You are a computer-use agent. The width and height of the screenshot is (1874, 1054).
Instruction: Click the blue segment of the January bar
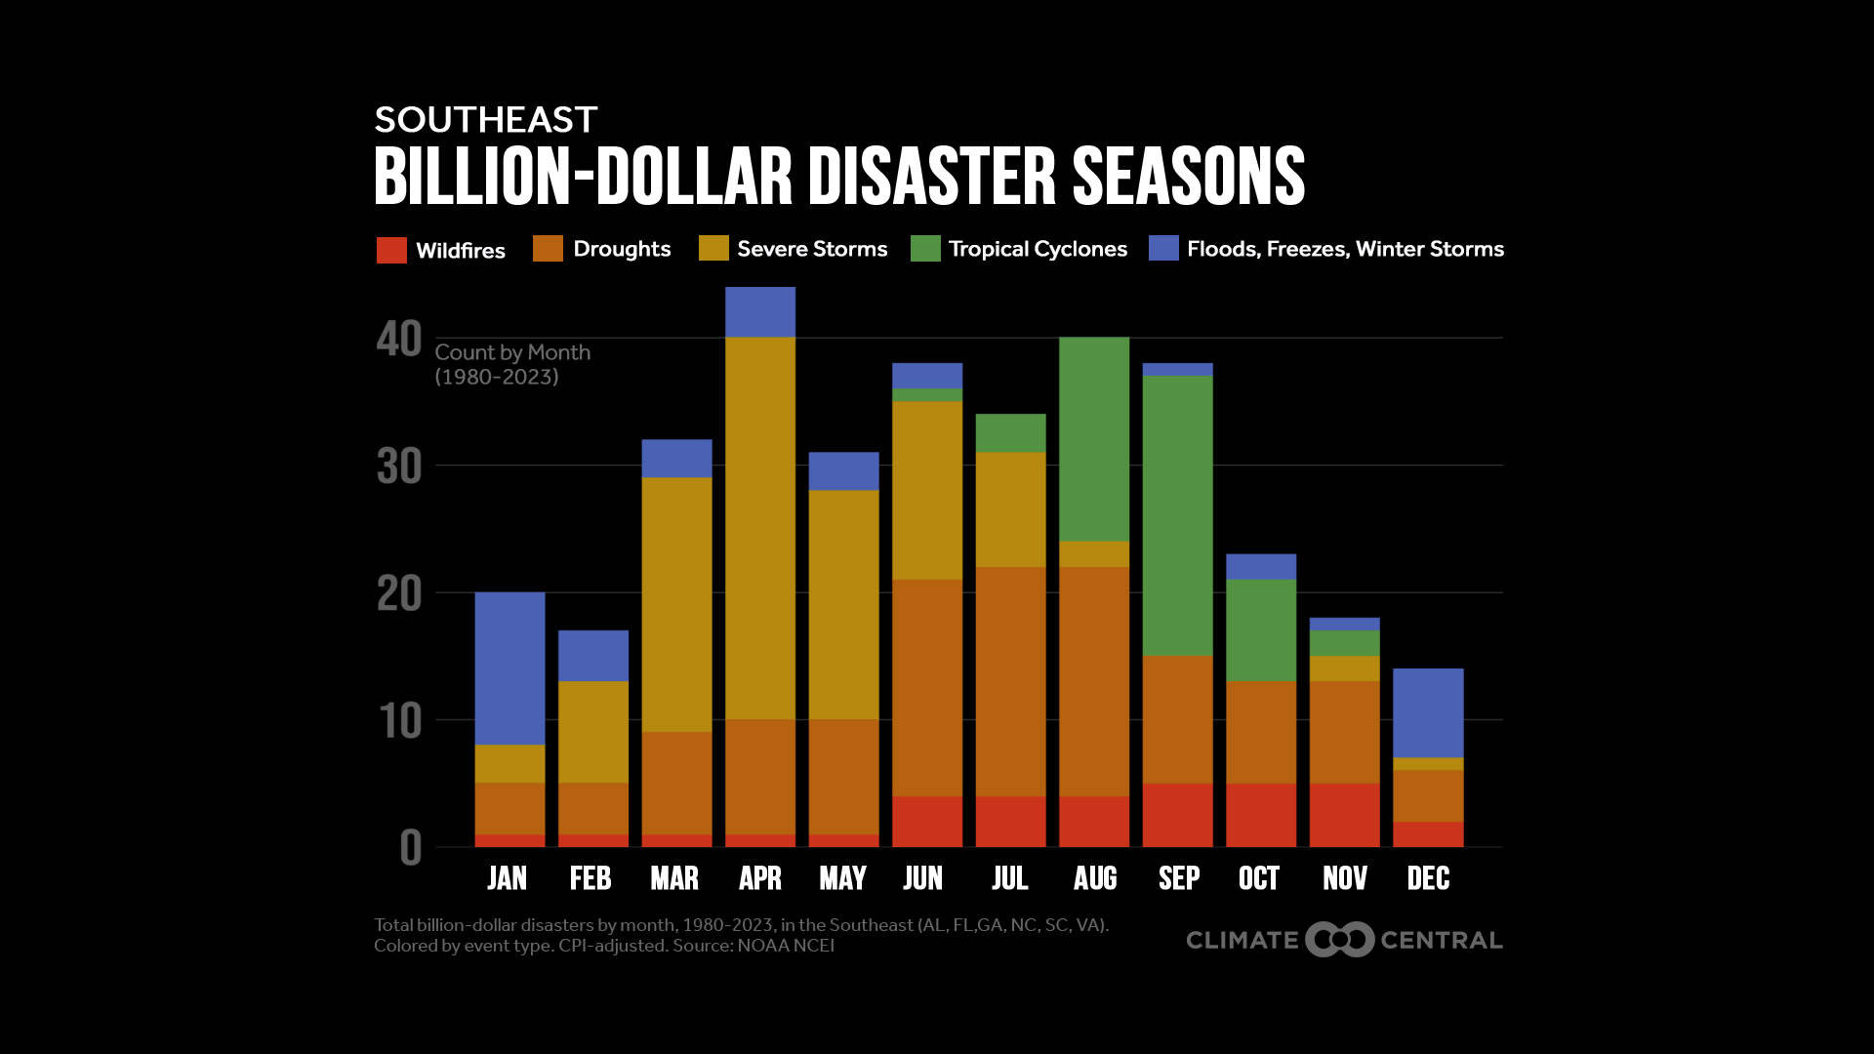pyautogui.click(x=509, y=669)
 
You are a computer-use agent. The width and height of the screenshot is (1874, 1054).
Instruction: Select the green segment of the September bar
pyautogui.click(x=1178, y=515)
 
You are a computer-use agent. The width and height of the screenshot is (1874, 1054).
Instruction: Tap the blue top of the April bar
pyautogui.click(x=760, y=311)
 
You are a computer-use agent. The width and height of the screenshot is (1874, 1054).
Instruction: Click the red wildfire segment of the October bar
pyautogui.click(x=1261, y=815)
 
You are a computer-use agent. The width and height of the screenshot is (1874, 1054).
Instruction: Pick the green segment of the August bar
pyautogui.click(x=1094, y=438)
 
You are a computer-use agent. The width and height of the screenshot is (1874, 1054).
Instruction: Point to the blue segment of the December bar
pyautogui.click(x=1428, y=712)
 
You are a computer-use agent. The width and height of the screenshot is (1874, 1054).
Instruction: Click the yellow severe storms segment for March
pyautogui.click(x=676, y=604)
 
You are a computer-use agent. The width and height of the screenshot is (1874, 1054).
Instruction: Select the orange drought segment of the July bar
pyautogui.click(x=1010, y=681)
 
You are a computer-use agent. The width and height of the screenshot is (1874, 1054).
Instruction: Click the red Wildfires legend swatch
pyautogui.click(x=391, y=250)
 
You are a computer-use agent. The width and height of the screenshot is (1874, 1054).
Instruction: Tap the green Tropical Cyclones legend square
pyautogui.click(x=925, y=249)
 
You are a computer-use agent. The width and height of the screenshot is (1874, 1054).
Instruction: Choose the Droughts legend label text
pyautogui.click(x=622, y=249)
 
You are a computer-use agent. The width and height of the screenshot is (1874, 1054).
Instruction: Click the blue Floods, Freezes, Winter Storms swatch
pyautogui.click(x=1163, y=249)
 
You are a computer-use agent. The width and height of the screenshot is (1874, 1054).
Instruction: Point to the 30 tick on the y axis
pyautogui.click(x=399, y=466)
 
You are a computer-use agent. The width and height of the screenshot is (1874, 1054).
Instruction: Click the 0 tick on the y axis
pyautogui.click(x=411, y=848)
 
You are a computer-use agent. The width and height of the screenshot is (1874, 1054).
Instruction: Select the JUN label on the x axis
pyautogui.click(x=923, y=878)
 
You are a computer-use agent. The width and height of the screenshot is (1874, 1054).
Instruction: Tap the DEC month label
pyautogui.click(x=1428, y=878)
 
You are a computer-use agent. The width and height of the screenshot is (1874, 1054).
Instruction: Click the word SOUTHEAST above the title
pyautogui.click(x=485, y=120)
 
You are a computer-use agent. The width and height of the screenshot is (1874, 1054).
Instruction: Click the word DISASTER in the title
pyautogui.click(x=931, y=177)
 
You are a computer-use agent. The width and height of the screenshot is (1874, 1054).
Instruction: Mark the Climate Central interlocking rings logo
pyautogui.click(x=1339, y=940)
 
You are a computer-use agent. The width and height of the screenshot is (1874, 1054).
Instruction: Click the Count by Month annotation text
pyautogui.click(x=512, y=353)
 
